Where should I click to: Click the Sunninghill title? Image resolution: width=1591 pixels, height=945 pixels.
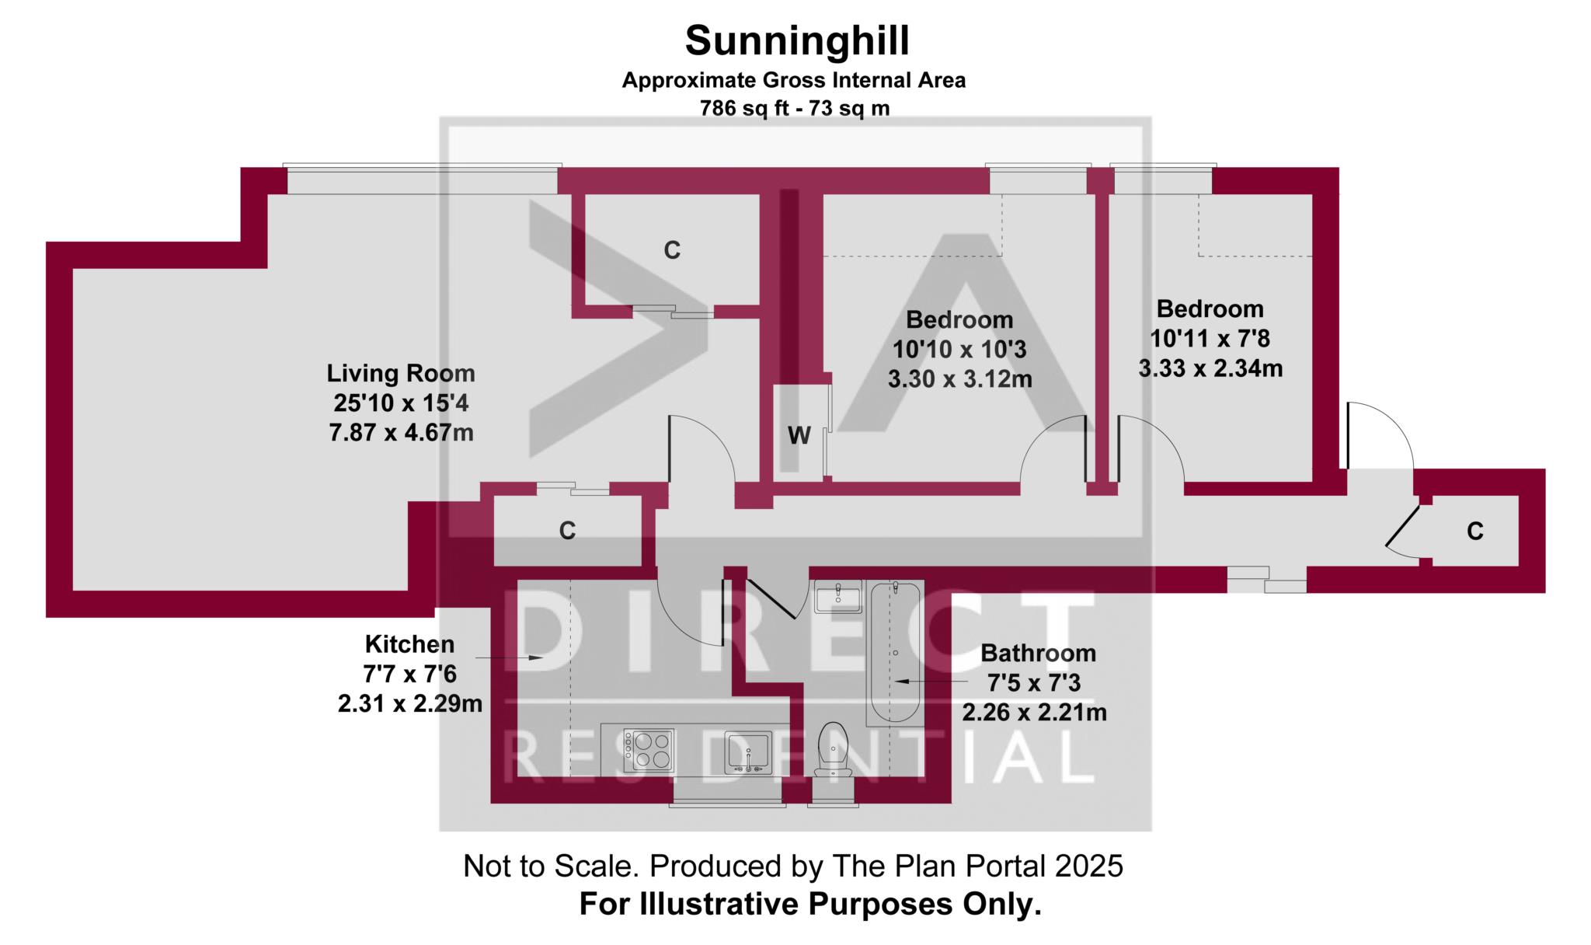click(x=797, y=42)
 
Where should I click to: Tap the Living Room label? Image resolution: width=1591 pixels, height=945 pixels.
click(x=401, y=373)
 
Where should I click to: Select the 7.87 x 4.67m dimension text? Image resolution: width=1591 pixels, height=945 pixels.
click(x=402, y=433)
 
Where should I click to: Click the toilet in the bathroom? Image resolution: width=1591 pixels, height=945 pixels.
click(x=832, y=750)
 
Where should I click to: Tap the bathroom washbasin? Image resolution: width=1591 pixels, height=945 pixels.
click(x=838, y=597)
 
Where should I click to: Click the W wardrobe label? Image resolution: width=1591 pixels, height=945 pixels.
click(x=799, y=436)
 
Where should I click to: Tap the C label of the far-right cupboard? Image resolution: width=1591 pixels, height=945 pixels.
click(x=1475, y=531)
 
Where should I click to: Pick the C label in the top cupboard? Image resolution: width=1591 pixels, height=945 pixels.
click(x=672, y=250)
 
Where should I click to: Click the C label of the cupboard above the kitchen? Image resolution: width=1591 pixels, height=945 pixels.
click(x=568, y=531)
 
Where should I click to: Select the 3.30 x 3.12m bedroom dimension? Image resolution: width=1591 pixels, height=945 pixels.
click(x=960, y=379)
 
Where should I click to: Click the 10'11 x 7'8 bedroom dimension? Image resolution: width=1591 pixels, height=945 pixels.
click(x=1210, y=339)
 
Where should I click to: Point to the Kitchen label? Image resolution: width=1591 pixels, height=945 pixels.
click(x=409, y=644)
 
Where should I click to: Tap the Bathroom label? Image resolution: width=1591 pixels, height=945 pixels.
click(x=1039, y=653)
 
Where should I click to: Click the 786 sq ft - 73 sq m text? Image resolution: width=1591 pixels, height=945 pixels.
click(x=795, y=108)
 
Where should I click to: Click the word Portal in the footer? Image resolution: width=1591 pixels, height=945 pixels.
click(x=1013, y=866)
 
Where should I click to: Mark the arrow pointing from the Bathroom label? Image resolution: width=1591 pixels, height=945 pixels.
click(x=932, y=682)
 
